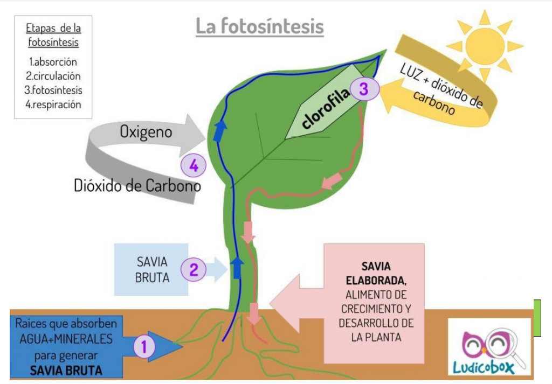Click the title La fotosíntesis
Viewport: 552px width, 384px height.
[x=259, y=26]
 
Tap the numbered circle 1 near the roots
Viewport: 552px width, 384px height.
[x=144, y=345]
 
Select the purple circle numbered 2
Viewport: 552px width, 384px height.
[x=194, y=269]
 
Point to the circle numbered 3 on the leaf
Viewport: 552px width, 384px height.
[x=364, y=89]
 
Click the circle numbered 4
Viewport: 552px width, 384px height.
[x=194, y=166]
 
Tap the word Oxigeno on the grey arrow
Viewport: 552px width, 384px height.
[x=146, y=131]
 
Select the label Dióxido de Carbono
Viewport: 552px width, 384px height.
[x=137, y=186]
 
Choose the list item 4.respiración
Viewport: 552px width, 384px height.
[x=53, y=104]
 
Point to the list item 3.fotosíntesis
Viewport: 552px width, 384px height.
[x=54, y=90]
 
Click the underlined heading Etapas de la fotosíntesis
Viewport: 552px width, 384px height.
[x=53, y=35]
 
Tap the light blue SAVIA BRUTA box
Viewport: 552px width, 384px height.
[x=151, y=269]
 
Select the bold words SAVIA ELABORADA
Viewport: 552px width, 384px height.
[x=376, y=273]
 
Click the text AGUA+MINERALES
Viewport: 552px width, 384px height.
[x=66, y=339]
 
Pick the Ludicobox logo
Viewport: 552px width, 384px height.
[x=489, y=347]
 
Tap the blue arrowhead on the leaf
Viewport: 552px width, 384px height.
[x=219, y=131]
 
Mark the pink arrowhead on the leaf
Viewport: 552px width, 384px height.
[x=332, y=182]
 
